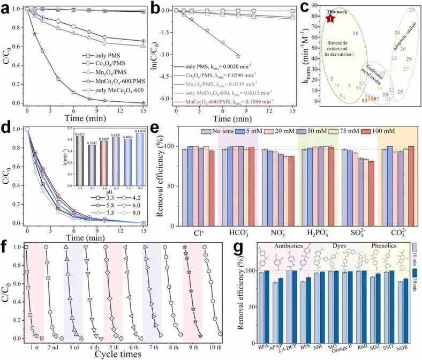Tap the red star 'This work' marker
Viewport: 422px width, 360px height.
click(x=330, y=18)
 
